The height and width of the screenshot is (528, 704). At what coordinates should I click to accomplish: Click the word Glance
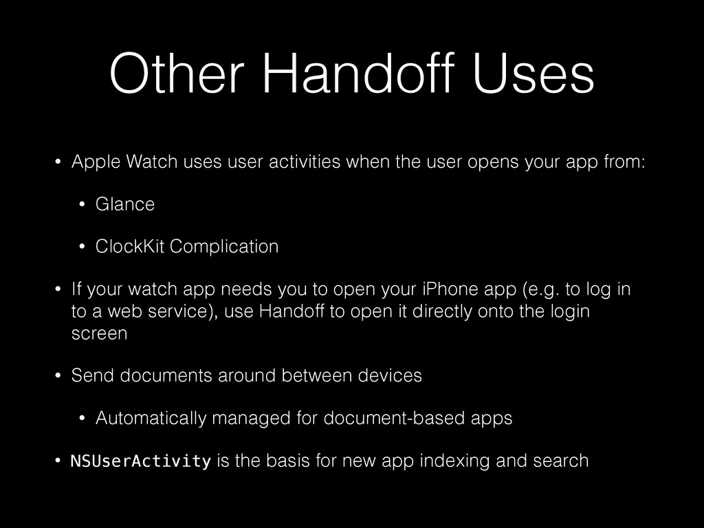click(x=125, y=204)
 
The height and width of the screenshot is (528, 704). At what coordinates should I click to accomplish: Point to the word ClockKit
click(x=130, y=246)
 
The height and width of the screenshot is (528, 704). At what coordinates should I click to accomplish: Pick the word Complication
click(x=224, y=246)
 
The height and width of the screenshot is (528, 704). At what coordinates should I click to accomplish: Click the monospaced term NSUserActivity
click(x=141, y=461)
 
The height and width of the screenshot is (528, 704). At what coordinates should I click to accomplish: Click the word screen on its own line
click(x=99, y=334)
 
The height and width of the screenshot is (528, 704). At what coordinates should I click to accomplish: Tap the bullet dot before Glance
click(x=82, y=204)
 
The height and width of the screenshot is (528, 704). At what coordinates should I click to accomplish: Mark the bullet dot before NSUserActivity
click(x=58, y=461)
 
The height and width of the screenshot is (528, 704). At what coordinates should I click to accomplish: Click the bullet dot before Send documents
click(x=58, y=376)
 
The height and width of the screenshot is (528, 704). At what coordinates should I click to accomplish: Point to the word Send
click(x=90, y=376)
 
